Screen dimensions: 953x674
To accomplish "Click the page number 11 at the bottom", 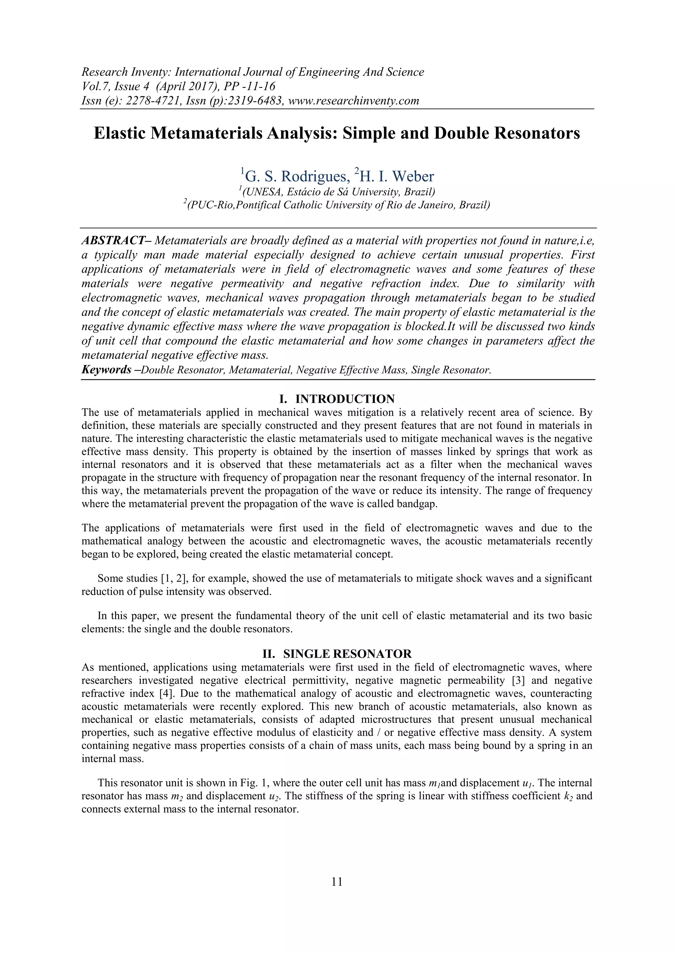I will [x=337, y=882].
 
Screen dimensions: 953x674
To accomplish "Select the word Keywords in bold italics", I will [x=106, y=369].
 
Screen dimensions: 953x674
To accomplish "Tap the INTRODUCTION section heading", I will [x=345, y=399].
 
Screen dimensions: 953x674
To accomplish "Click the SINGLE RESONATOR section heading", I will [x=347, y=654].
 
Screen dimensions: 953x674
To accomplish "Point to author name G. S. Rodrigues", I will [x=296, y=176].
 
